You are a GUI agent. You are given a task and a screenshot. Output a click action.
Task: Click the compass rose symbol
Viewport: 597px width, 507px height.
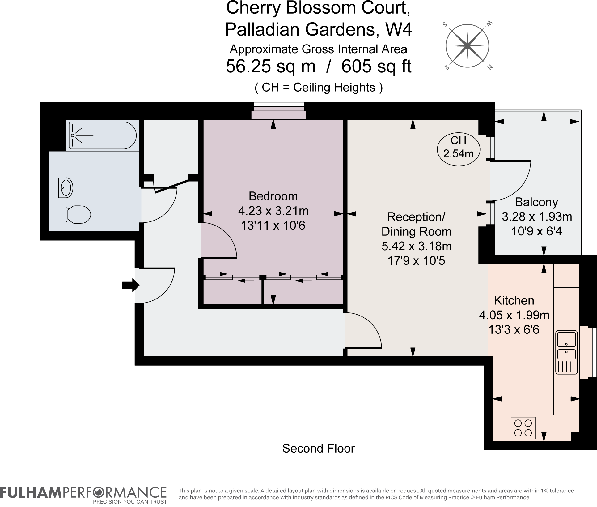467,46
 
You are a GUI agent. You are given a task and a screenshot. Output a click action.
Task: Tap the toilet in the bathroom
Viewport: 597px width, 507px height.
78,214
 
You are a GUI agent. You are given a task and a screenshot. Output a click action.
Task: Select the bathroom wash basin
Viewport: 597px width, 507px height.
66,187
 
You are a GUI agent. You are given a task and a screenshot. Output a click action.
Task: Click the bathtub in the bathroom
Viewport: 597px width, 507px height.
102,135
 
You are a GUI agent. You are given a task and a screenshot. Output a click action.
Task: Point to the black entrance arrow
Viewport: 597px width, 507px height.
131,285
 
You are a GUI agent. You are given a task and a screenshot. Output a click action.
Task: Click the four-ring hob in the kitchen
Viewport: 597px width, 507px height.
523,428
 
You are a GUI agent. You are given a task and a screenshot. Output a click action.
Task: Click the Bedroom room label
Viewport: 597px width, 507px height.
273,196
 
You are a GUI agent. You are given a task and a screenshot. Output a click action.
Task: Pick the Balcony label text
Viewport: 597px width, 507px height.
536,202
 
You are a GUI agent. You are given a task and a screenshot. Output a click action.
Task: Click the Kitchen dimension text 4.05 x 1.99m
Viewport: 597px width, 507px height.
514,315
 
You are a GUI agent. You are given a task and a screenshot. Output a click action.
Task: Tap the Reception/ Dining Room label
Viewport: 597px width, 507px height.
416,224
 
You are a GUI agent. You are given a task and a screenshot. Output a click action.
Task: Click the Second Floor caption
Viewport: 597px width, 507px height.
318,448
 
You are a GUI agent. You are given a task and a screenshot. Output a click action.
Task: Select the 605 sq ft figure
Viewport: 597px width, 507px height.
376,66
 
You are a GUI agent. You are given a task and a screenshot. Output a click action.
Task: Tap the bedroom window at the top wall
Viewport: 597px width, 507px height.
279,111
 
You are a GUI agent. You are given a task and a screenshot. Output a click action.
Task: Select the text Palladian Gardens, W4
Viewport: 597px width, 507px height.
318,30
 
